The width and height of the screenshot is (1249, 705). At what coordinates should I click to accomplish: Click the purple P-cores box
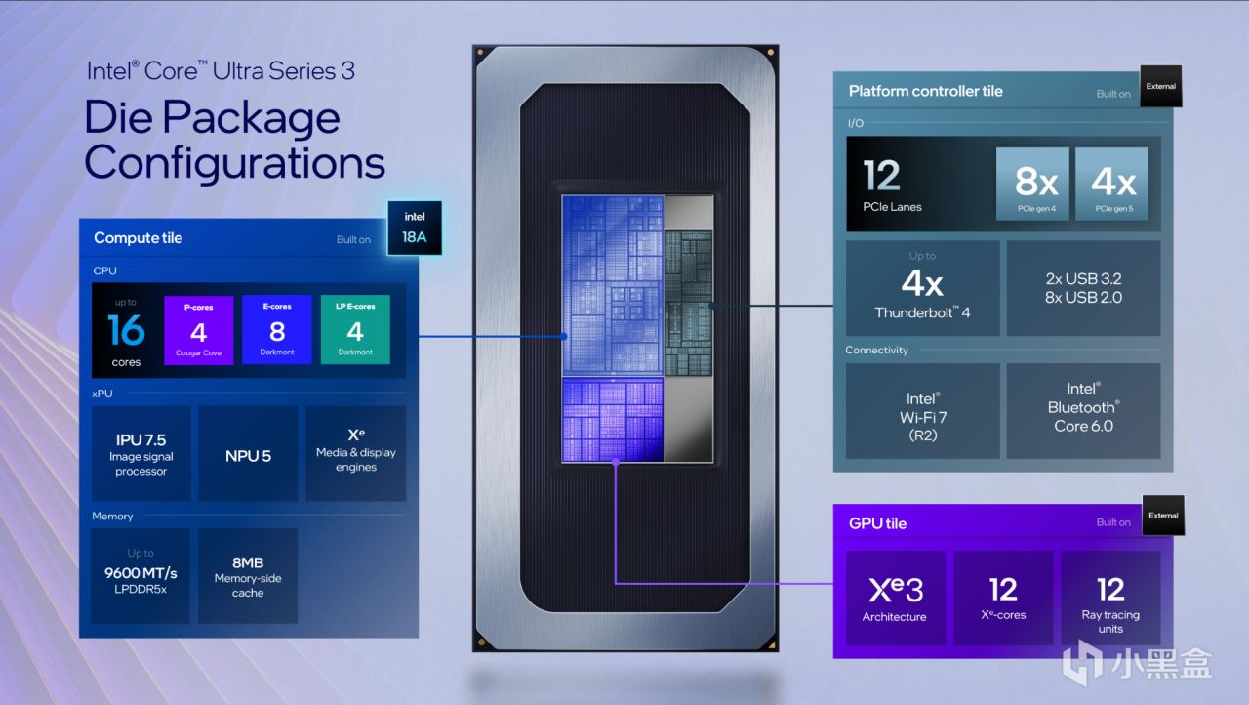coord(198,330)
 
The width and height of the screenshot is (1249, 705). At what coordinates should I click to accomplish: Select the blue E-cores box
coord(276,330)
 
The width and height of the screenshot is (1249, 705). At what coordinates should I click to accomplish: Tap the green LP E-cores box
coord(355,330)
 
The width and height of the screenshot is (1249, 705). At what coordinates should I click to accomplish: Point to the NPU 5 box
coord(248,454)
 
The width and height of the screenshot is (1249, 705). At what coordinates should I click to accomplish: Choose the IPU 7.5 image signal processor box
coord(141,454)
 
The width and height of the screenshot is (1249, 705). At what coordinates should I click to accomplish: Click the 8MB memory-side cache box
coord(248,576)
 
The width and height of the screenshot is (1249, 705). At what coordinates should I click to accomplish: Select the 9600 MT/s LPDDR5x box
coord(141,576)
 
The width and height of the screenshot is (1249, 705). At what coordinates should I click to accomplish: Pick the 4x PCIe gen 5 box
coord(1112,184)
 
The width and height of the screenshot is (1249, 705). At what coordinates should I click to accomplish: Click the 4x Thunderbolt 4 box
coord(922,289)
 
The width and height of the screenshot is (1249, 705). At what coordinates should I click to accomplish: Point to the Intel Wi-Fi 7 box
coord(922,411)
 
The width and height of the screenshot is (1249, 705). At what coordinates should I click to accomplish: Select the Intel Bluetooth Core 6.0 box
coord(1083,411)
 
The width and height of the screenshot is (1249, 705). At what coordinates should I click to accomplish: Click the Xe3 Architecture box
coord(895,598)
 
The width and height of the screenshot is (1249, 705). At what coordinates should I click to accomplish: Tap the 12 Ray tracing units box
coord(1110,598)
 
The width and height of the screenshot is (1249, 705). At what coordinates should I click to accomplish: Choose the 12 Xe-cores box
coord(1003,598)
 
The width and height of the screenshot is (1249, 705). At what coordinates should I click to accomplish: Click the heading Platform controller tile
coord(925,91)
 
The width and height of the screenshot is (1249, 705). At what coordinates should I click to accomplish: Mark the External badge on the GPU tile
coord(1162,516)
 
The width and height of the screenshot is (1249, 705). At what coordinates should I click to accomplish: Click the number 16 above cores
coord(127,332)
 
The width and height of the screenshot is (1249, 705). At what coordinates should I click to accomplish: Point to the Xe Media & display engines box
coord(355,454)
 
